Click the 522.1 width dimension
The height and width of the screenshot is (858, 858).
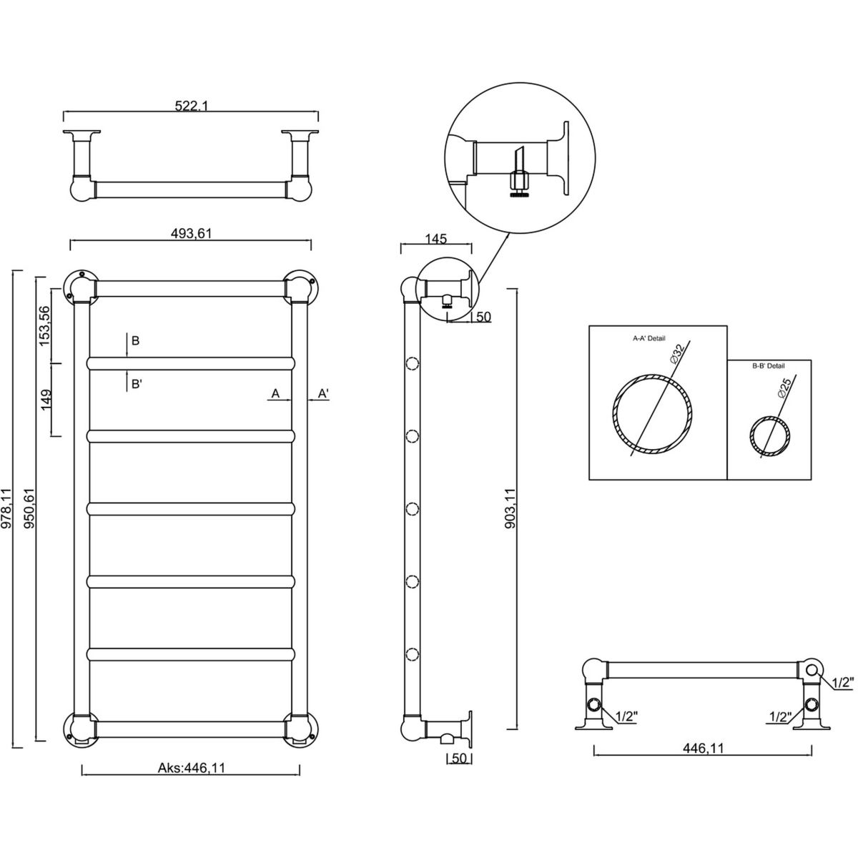(191, 106)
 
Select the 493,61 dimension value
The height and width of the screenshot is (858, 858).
(191, 233)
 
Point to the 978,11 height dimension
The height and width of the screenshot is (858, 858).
(7, 508)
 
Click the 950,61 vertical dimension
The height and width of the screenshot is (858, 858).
(29, 508)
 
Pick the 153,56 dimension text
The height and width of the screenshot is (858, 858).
(44, 326)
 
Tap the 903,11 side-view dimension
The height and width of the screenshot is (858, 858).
(509, 508)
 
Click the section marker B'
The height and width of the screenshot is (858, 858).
(136, 384)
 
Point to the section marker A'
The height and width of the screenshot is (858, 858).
(322, 393)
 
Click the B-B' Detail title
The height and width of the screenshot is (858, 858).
(768, 366)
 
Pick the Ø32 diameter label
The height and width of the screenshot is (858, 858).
(678, 353)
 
